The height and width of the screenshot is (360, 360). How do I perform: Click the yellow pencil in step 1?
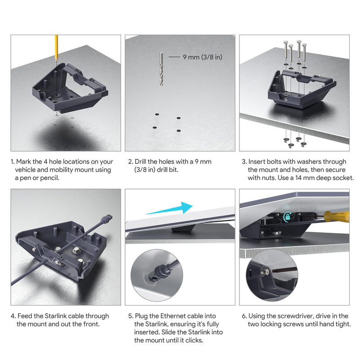point(56,48)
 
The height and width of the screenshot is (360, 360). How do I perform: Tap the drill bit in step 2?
point(161,69)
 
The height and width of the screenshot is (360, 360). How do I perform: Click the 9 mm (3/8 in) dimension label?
point(202,57)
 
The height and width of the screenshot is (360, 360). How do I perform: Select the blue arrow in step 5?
point(170,208)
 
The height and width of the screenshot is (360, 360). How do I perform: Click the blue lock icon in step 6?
point(287,216)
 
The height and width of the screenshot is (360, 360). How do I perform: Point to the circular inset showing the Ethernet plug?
point(157,275)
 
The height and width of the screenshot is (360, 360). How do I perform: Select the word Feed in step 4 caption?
point(25,316)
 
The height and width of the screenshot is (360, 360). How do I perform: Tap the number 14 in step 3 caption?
point(298,178)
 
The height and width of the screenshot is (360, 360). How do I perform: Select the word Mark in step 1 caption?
point(23,162)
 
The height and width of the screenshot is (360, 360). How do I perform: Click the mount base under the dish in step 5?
point(184,228)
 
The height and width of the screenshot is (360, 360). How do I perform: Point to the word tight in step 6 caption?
point(343,324)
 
